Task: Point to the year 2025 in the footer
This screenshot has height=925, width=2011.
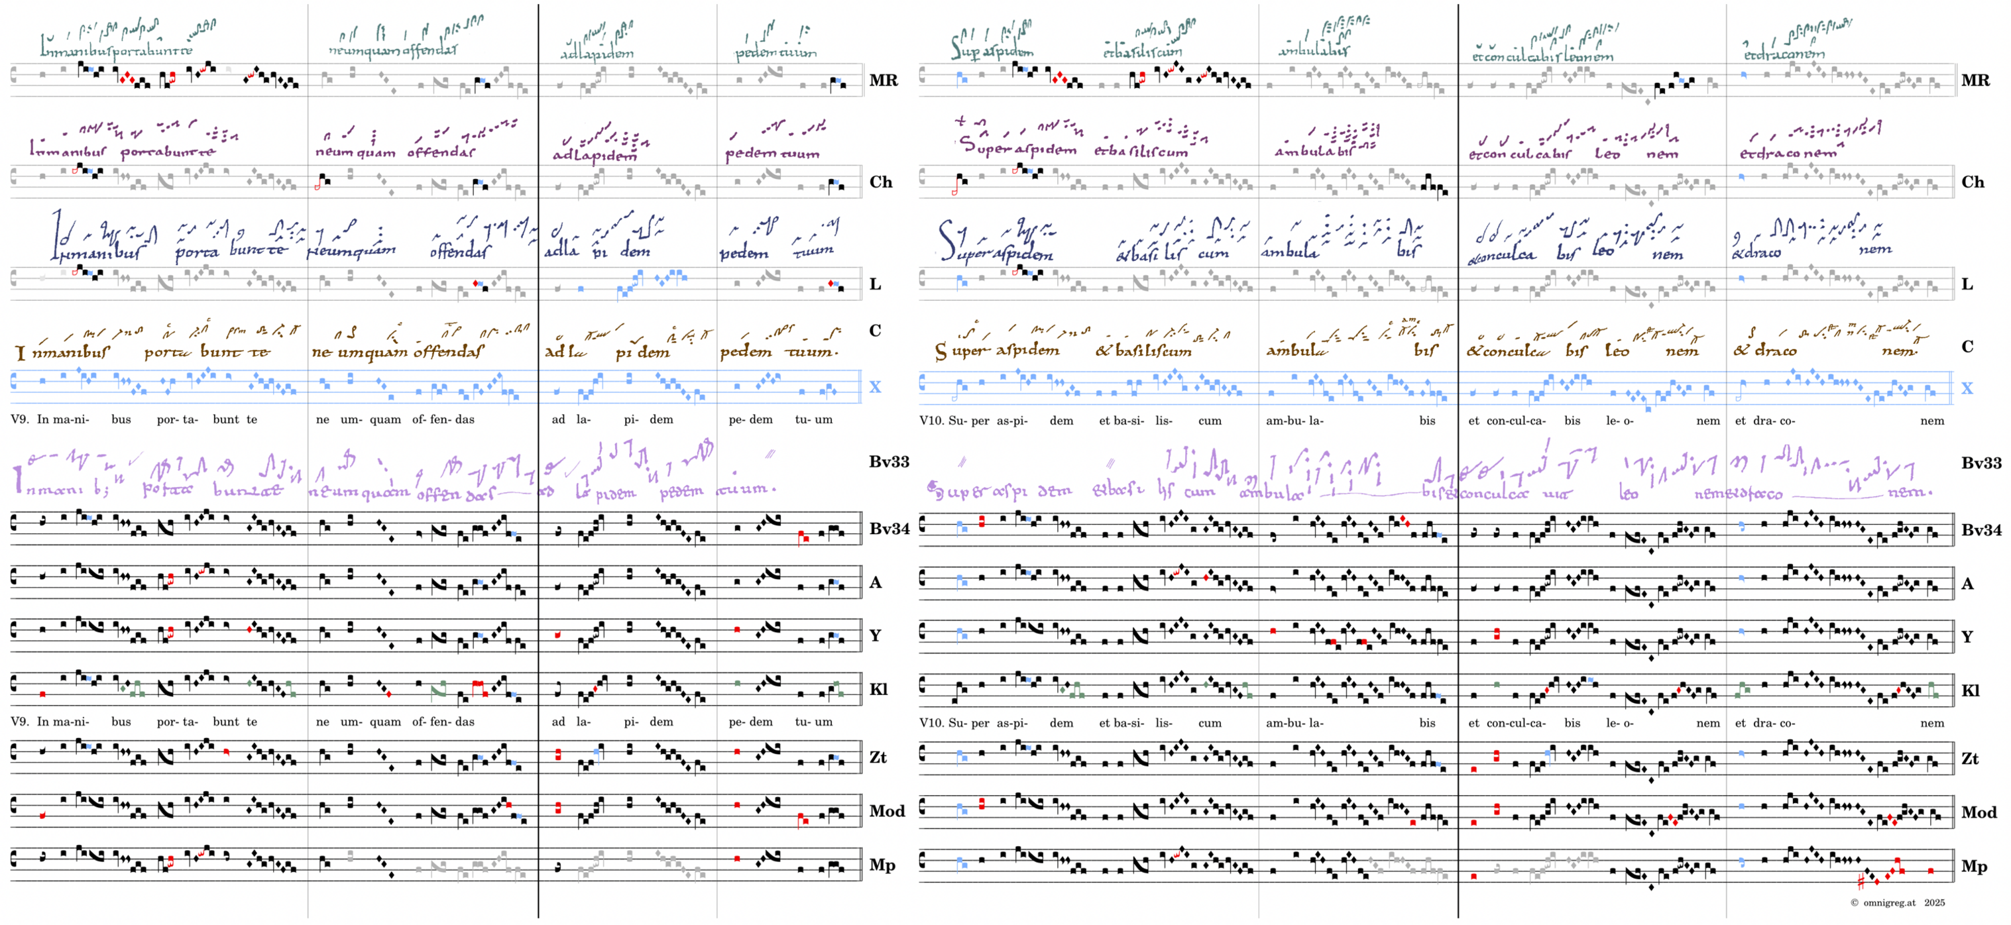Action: [x=1935, y=902]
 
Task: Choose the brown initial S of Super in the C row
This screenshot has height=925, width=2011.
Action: [x=941, y=352]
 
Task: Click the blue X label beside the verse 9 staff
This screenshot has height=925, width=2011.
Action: [x=875, y=387]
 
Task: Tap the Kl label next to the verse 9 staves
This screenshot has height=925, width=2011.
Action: [x=878, y=689]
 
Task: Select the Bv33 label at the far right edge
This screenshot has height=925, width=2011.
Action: [x=1981, y=463]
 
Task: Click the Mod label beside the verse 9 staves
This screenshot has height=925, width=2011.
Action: [x=887, y=811]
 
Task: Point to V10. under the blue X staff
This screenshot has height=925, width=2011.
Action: [x=931, y=421]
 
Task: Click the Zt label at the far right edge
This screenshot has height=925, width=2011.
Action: [x=1970, y=758]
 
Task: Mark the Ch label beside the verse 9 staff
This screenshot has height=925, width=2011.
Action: [x=881, y=182]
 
